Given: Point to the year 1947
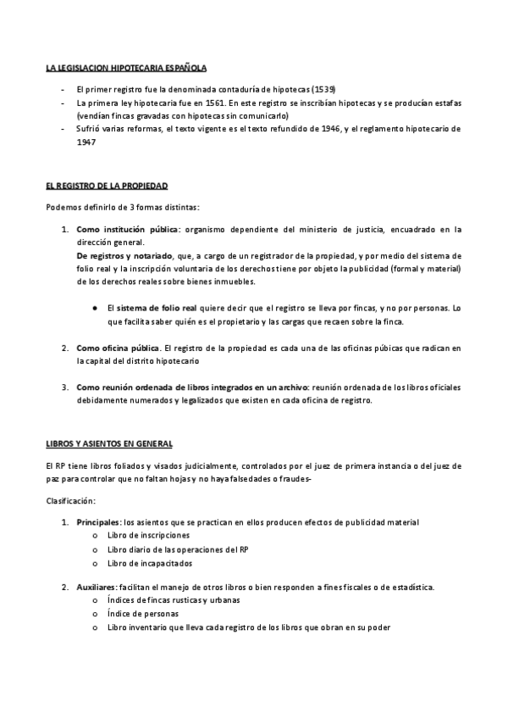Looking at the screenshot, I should (86, 142).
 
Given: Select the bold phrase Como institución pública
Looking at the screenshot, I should (128, 229).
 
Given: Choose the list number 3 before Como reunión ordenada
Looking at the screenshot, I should (64, 387).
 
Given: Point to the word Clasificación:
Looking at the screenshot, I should (70, 501).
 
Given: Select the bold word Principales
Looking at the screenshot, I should (98, 521).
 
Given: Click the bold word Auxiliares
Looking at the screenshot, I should (97, 587).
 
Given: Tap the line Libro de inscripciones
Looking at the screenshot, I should (148, 535).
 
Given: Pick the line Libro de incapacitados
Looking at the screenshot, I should (150, 562).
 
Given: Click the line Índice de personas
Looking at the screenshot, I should (141, 614).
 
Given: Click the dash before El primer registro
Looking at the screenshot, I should (63, 89).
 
